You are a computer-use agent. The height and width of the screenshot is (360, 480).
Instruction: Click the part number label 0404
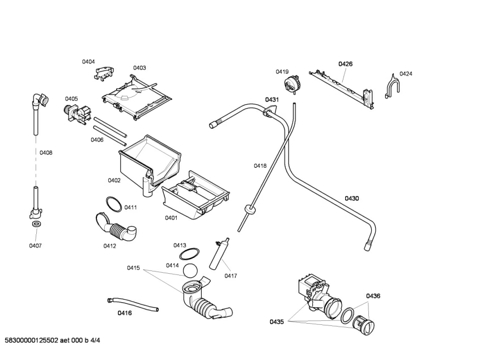click(88, 62)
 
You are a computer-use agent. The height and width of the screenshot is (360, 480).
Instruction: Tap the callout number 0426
click(345, 64)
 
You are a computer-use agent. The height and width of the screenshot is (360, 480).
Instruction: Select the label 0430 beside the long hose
click(352, 198)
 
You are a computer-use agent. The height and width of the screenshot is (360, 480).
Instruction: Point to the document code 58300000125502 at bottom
click(31, 340)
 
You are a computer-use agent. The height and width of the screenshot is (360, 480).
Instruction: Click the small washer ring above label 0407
click(36, 224)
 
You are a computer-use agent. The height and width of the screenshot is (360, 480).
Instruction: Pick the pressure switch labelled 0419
click(292, 83)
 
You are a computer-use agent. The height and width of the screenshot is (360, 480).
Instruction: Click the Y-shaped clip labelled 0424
click(392, 87)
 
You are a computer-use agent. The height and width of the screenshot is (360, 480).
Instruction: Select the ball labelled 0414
click(190, 271)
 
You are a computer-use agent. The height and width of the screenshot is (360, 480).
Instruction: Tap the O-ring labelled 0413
click(189, 255)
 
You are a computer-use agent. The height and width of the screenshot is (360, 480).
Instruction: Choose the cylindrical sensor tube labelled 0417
click(219, 253)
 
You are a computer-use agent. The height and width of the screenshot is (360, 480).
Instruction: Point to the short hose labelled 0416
click(133, 304)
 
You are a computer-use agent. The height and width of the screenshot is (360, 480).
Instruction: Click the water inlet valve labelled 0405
click(78, 114)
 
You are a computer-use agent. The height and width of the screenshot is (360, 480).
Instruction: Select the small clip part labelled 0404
click(104, 74)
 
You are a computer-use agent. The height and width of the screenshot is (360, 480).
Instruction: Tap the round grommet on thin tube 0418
click(250, 210)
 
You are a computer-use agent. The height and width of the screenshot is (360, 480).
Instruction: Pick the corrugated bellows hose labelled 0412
click(116, 228)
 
